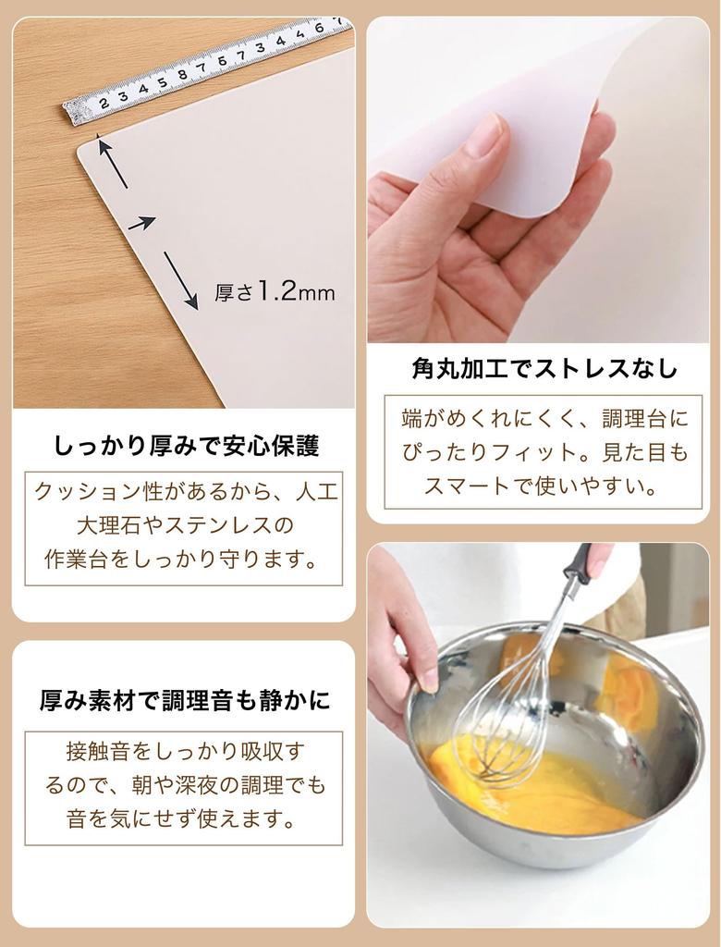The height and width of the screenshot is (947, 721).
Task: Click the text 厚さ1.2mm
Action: [275, 292]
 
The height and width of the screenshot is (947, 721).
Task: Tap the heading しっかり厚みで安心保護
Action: [186, 447]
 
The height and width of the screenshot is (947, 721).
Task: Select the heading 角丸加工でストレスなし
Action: [544, 369]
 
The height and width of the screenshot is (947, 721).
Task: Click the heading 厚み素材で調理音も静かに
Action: [184, 700]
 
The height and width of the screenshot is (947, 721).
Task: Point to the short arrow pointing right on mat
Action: [141, 223]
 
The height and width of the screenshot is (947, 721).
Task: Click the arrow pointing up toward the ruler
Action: [112, 164]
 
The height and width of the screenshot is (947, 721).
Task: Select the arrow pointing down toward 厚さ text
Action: [180, 280]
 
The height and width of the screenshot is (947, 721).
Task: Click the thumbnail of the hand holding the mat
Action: [538, 180]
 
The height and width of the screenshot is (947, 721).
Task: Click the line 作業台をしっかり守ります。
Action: [182, 559]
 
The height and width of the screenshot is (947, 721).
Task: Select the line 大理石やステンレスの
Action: [184, 525]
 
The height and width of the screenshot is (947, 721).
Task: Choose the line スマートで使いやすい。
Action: [543, 486]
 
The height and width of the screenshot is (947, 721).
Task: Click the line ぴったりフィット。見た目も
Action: [544, 452]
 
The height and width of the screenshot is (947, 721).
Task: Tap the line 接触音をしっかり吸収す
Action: [185, 751]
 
